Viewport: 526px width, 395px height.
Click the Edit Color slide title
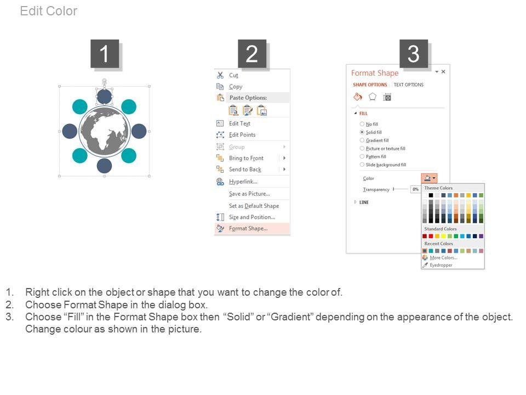pos(49,11)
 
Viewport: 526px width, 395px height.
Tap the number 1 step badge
pos(105,54)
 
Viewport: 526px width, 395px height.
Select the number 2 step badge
pos(252,54)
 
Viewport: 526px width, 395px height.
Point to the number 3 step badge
pos(414,54)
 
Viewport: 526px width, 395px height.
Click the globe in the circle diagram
pos(104,131)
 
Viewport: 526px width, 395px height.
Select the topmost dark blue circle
pos(104,97)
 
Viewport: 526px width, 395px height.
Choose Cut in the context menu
pos(233,75)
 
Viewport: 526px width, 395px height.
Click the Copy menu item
pos(236,87)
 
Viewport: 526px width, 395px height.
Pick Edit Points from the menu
pos(242,135)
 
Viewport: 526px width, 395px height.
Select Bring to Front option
pos(246,158)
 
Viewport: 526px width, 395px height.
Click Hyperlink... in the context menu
pos(243,182)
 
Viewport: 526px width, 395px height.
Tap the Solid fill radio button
pos(362,132)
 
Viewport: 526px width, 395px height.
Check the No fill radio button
pos(362,125)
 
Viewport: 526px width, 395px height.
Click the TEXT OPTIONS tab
pos(409,84)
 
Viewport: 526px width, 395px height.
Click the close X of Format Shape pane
pos(443,71)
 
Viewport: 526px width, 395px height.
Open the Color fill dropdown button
pos(429,178)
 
